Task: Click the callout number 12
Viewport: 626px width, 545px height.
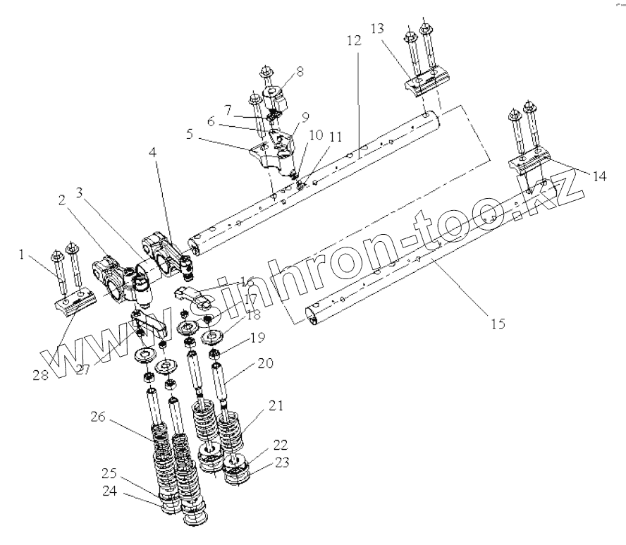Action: pos(354,41)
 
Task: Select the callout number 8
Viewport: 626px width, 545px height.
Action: pos(300,72)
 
